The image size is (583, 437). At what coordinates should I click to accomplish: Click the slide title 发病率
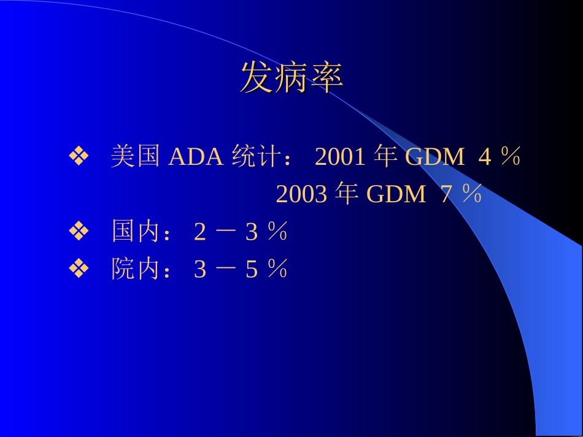coord(291,78)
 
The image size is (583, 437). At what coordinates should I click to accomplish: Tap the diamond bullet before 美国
coord(79,158)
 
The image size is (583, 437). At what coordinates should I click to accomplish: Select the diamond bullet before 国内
coord(79,232)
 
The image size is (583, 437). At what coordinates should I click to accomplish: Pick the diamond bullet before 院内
coord(79,270)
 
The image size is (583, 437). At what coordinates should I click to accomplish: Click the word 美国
coord(135,157)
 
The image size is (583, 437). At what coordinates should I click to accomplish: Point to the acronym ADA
coord(195,158)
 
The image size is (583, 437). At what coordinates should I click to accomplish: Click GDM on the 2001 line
coord(435,158)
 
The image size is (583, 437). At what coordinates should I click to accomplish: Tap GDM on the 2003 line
coord(396,195)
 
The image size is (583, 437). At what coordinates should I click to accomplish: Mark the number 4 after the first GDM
coord(485,158)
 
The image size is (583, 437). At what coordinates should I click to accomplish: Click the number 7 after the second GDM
coord(447,195)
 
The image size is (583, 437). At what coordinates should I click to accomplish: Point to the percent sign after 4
coord(510,158)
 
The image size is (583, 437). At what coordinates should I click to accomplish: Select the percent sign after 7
coord(471,195)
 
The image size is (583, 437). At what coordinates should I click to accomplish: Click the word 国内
coord(135,232)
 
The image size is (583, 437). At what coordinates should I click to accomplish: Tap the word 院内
coord(135,270)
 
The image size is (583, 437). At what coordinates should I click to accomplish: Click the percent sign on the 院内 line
coord(277,270)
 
